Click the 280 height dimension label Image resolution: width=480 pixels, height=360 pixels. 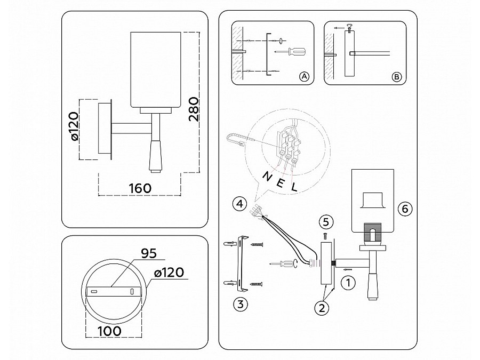pos(194,110)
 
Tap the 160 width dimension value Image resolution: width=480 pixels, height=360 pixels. pos(140,189)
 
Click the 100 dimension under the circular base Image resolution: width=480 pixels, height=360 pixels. pos(109,330)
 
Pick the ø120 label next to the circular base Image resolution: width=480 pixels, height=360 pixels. pos(169,273)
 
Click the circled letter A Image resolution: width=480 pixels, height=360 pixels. pos(304,77)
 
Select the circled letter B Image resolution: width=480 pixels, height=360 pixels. pos(396,77)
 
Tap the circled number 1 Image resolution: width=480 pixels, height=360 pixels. pos(347,283)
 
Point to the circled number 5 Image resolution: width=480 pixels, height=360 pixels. pos(326,221)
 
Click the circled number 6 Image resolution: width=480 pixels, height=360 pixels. pos(405,209)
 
